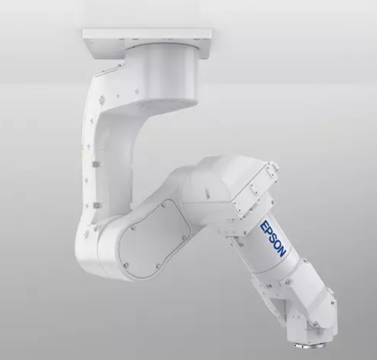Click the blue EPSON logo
(273, 238)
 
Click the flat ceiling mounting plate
(147, 43)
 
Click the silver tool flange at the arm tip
(305, 345)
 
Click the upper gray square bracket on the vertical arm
(96, 164)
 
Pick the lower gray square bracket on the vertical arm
(97, 206)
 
